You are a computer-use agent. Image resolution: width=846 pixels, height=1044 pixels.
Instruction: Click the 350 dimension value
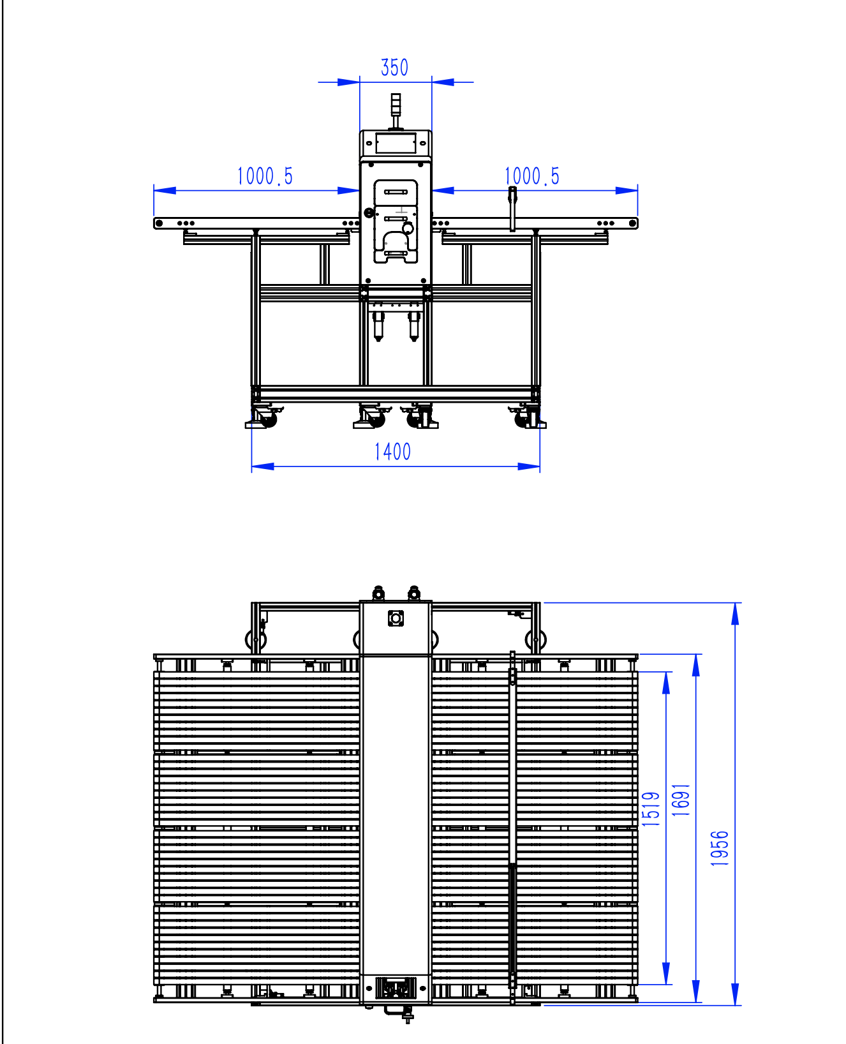click(394, 68)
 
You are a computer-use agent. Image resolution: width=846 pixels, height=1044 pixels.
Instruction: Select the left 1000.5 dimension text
click(265, 176)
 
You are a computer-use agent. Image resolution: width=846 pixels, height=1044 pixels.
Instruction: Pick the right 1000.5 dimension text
click(531, 176)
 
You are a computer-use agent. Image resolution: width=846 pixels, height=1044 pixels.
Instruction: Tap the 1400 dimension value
click(392, 452)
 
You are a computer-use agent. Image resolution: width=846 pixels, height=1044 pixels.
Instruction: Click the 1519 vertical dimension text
click(651, 809)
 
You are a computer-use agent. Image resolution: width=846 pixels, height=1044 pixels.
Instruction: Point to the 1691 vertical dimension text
click(681, 800)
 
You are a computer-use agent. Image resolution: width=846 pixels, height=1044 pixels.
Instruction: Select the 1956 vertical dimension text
click(720, 848)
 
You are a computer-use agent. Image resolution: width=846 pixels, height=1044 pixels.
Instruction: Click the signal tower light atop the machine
click(396, 103)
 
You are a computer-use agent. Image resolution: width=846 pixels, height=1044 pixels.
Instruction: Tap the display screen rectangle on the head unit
click(396, 143)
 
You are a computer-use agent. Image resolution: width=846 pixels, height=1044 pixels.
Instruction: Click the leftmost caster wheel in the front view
click(267, 419)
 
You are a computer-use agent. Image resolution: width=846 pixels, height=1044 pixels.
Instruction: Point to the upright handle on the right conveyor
click(512, 208)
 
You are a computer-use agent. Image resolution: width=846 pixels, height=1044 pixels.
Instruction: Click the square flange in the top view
click(396, 618)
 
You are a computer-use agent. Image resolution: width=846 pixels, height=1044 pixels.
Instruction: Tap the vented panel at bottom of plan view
click(396, 988)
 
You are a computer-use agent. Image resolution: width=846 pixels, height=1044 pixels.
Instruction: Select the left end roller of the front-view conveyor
click(159, 223)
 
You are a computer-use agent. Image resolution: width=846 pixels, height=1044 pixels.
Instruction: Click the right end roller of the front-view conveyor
click(633, 223)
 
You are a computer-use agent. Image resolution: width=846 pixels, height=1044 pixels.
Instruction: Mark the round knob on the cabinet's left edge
click(369, 213)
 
